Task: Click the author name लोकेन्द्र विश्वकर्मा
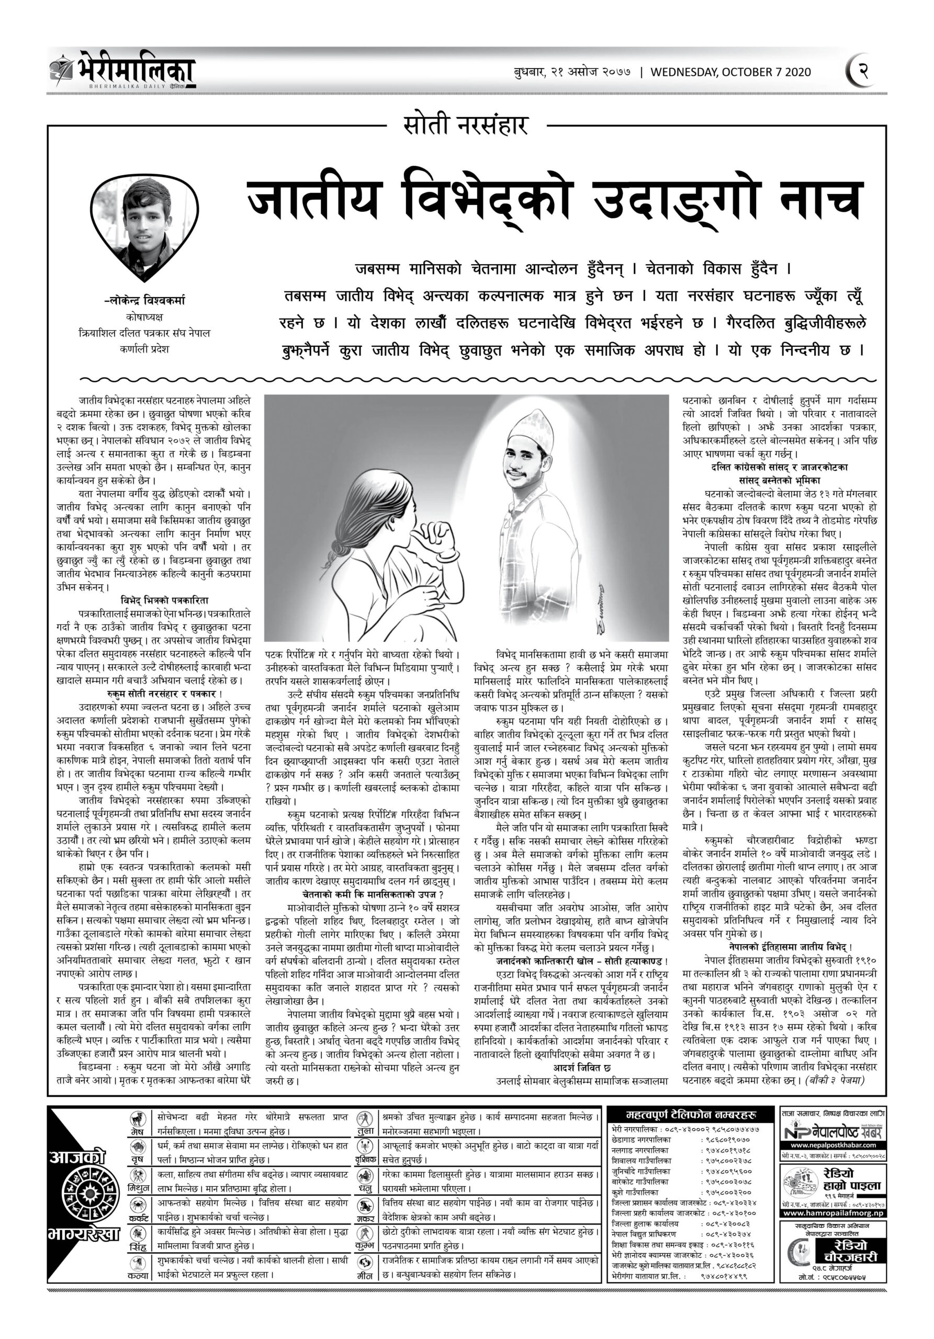click(x=145, y=301)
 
